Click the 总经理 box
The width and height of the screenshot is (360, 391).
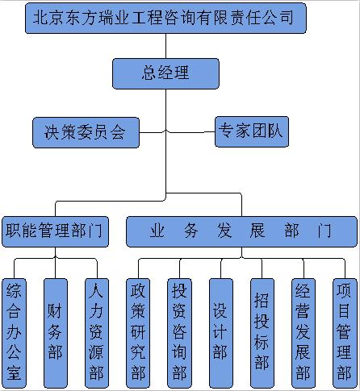click(x=165, y=73)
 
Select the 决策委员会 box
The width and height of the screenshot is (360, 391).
click(x=86, y=132)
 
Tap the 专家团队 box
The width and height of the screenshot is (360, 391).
click(x=252, y=131)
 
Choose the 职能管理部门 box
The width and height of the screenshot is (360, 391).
click(x=55, y=231)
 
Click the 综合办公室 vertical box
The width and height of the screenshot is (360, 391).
click(x=14, y=333)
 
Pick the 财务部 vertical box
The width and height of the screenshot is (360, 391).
click(x=56, y=333)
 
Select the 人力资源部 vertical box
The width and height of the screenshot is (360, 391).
click(x=97, y=333)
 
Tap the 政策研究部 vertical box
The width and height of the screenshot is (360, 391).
click(x=138, y=333)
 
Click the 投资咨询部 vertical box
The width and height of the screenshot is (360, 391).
click(x=180, y=333)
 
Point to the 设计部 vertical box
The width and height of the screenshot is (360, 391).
click(x=221, y=333)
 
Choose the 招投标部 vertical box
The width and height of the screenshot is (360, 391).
click(x=262, y=333)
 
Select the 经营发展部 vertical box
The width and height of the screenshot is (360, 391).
click(x=303, y=333)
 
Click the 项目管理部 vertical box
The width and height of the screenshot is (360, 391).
click(x=345, y=333)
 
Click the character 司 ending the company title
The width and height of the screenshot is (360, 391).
click(x=287, y=18)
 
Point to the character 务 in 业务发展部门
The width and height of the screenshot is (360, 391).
click(x=191, y=231)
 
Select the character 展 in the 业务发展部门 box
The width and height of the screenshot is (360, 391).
click(x=257, y=231)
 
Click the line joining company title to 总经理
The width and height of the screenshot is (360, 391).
click(x=165, y=46)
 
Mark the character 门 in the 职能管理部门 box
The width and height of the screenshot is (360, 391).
click(x=96, y=231)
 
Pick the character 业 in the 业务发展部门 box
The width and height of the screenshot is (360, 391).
click(x=157, y=231)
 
